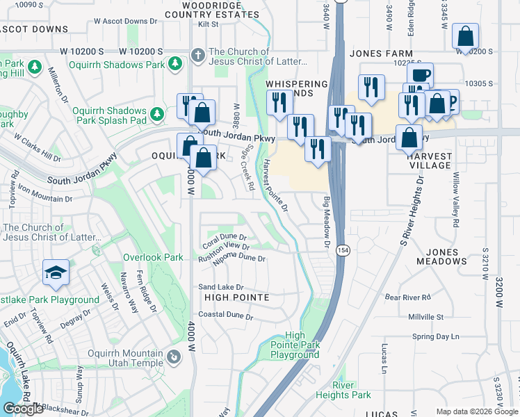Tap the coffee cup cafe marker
pyautogui.click(x=420, y=76)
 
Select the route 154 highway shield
pyautogui.click(x=343, y=250)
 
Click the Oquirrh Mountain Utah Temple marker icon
pyautogui.click(x=173, y=358)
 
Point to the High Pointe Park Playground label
pyautogui.click(x=295, y=345)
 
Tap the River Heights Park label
pyautogui.click(x=352, y=390)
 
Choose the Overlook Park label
pyautogui.click(x=153, y=257)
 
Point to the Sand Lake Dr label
pyautogui.click(x=221, y=287)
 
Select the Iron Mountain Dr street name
pyautogui.click(x=44, y=193)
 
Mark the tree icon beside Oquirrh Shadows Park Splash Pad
pyautogui.click(x=158, y=113)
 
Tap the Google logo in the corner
pyautogui.click(x=23, y=409)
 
